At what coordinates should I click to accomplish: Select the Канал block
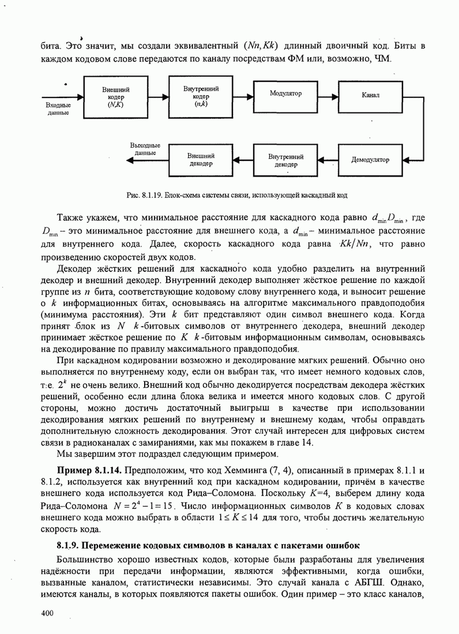click(371, 94)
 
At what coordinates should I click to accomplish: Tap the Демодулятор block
click(370, 160)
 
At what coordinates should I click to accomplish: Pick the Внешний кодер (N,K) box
click(116, 97)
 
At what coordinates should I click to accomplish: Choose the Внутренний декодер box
click(286, 160)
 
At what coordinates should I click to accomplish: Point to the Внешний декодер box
click(201, 160)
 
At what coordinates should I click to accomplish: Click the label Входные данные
click(58, 109)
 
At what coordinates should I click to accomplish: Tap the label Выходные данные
click(145, 150)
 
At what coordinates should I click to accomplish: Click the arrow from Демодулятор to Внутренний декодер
click(329, 160)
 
